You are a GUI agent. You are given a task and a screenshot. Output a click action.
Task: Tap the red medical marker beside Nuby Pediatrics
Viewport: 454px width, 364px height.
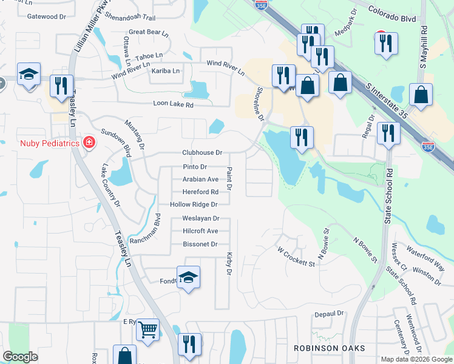point(89,142)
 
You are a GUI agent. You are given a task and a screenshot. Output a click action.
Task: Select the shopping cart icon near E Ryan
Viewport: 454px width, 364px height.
point(147,331)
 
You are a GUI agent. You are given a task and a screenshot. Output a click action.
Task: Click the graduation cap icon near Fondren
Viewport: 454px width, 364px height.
point(189,277)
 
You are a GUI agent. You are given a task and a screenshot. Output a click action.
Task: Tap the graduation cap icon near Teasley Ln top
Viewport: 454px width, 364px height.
point(28,75)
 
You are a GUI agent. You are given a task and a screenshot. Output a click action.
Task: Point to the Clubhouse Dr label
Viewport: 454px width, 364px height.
point(202,153)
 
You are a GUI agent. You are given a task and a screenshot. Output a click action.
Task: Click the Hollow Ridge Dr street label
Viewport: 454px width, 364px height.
point(194,205)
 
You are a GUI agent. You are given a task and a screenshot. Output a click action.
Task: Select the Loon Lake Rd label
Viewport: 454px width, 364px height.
point(173,105)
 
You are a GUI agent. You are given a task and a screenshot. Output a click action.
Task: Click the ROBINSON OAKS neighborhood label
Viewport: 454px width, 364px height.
point(329,348)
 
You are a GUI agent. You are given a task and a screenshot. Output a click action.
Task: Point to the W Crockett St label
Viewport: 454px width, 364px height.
point(296,257)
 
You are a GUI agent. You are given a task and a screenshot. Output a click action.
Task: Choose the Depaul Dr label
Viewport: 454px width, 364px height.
point(329,314)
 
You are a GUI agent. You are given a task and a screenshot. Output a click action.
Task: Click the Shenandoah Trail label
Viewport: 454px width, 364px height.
point(130,16)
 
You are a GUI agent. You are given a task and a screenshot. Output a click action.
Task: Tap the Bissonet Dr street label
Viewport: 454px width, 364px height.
point(200,244)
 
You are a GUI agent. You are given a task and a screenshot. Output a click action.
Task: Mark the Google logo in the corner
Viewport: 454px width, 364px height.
point(21,357)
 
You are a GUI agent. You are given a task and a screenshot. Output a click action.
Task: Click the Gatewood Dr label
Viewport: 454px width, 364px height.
point(47,16)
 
